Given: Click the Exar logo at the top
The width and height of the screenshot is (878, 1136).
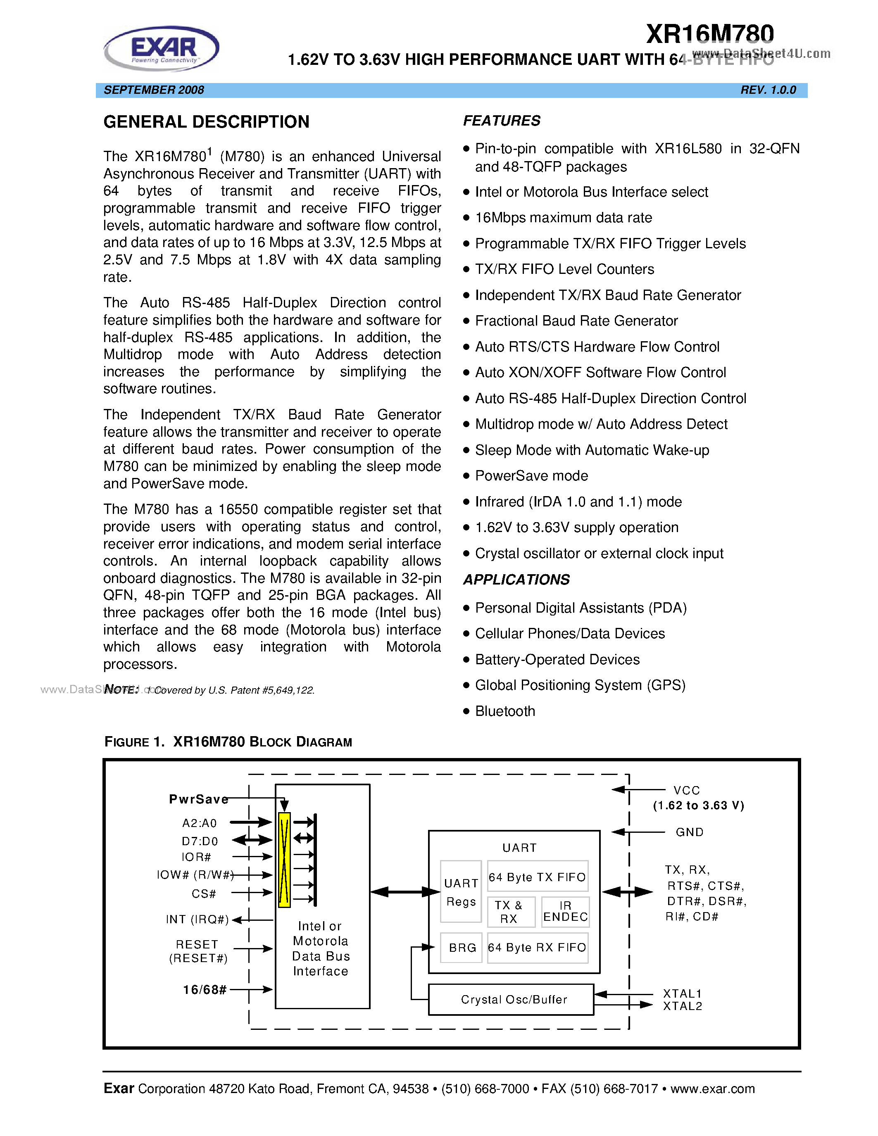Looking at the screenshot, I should click(162, 48).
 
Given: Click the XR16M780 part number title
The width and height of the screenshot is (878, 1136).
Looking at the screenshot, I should click(709, 34).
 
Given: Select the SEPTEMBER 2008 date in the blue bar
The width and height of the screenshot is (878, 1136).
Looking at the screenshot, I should click(154, 90).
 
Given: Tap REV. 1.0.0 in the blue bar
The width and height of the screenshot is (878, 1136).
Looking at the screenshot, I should click(768, 90).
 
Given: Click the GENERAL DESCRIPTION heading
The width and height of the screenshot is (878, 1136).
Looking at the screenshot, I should click(206, 122).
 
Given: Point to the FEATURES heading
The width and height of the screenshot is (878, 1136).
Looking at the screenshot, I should click(502, 121).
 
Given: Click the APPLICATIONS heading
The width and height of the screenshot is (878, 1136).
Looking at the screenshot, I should click(516, 580).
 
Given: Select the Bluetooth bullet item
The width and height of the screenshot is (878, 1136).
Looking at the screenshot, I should click(504, 711).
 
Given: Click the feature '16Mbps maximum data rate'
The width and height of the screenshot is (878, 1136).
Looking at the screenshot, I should click(563, 217).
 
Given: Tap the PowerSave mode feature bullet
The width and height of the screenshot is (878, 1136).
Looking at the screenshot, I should click(531, 475).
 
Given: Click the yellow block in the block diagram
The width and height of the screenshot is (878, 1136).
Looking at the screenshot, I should click(284, 860).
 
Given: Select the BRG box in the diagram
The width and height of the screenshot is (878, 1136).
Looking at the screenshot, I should click(462, 948).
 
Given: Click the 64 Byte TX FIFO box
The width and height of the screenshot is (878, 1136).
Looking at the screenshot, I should click(537, 877).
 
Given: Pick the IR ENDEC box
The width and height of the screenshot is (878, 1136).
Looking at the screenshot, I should click(565, 911).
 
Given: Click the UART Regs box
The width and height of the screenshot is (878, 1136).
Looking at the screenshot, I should click(461, 892).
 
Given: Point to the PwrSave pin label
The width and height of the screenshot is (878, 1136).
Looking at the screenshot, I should click(199, 799).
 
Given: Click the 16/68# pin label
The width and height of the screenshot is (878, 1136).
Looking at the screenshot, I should click(205, 989).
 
